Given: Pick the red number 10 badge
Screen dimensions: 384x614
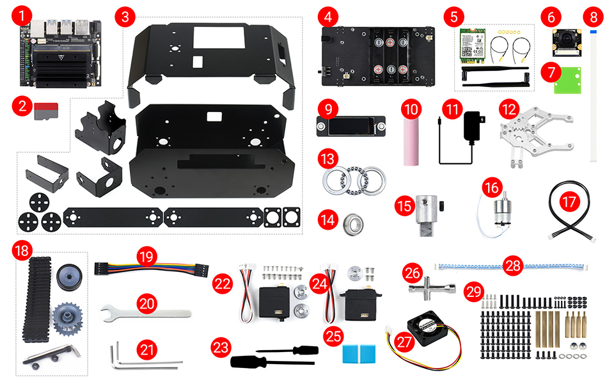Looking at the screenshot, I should tap(410, 109).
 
